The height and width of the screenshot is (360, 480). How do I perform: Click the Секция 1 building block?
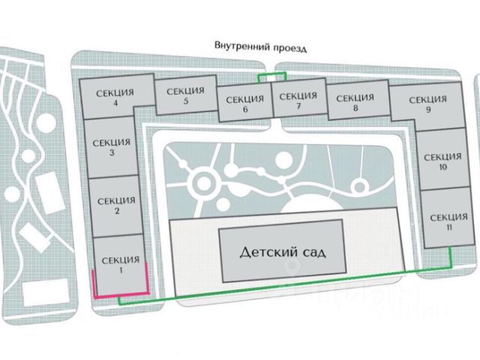117,265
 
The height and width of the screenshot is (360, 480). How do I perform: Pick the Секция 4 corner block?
115,97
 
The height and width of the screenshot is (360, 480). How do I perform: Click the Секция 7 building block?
298,100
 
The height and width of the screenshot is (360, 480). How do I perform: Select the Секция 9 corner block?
427,103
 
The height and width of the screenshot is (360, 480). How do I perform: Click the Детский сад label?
282,251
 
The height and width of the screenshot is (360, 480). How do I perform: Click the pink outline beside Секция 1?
94,286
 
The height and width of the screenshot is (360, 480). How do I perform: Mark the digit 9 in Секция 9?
428,109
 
